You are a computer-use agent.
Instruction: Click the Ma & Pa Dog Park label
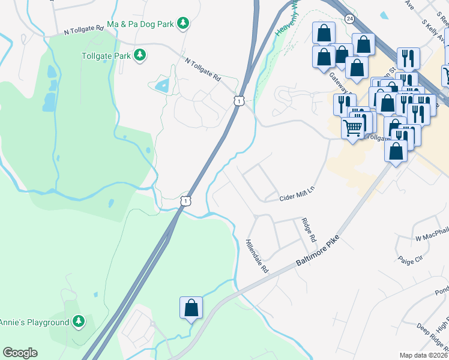140,24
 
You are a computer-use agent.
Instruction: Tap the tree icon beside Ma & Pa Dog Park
183,24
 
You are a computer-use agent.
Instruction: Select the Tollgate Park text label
106,56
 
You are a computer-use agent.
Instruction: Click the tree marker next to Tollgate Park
140,56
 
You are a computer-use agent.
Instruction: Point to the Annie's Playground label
34,322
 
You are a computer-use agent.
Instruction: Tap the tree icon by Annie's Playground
78,322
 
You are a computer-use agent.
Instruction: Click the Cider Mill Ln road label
297,194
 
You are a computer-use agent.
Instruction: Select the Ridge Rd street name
309,230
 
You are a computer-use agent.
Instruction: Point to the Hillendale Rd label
256,257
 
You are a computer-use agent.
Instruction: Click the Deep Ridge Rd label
431,338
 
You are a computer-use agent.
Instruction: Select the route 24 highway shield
349,19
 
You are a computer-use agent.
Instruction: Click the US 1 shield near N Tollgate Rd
239,101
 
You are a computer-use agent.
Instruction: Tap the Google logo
20,353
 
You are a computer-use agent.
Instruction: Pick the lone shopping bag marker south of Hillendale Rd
191,308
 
